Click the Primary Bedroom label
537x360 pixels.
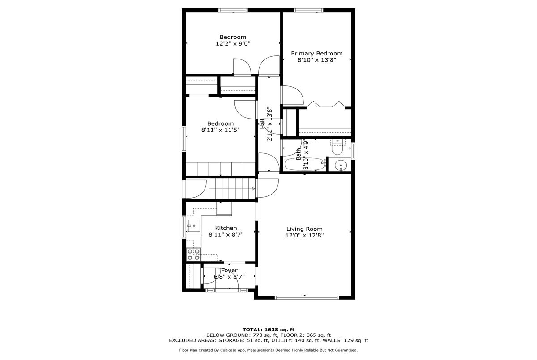click(x=317, y=53)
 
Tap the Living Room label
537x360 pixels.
click(x=304, y=229)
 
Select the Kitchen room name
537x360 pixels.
click(x=226, y=228)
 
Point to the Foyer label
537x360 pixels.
click(x=229, y=271)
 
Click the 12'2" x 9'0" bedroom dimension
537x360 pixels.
click(x=233, y=43)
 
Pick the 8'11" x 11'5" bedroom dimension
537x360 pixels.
click(x=220, y=130)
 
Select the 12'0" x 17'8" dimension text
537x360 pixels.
click(x=304, y=235)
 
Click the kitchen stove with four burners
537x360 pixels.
click(x=194, y=254)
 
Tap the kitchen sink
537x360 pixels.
click(x=194, y=226)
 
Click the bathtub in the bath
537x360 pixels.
click(x=305, y=164)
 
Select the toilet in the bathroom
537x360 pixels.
click(x=337, y=147)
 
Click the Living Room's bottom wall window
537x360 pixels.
click(x=307, y=298)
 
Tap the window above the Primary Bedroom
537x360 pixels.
click(x=308, y=10)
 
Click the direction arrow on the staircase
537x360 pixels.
click(x=253, y=189)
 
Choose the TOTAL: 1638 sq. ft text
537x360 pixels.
click(x=268, y=330)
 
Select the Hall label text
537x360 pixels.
click(x=263, y=124)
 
